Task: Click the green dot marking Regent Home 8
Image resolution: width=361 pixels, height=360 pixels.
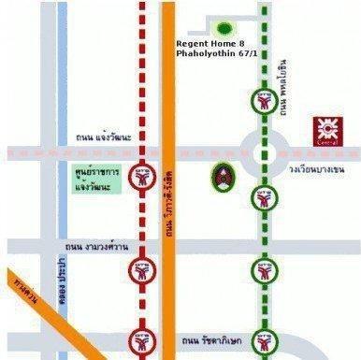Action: click(224, 29)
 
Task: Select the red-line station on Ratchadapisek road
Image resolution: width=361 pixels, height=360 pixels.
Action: click(142, 347)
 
